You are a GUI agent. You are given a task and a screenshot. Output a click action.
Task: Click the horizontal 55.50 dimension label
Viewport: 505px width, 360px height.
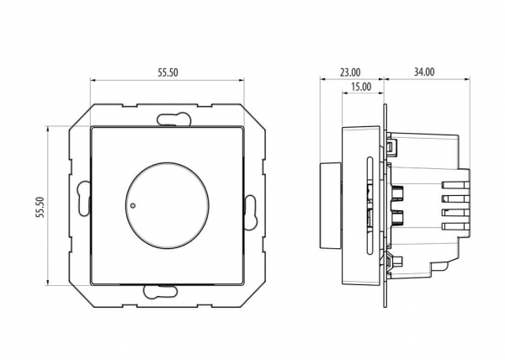(167, 72)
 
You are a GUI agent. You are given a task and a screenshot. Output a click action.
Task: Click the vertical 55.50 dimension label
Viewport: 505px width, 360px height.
(40, 207)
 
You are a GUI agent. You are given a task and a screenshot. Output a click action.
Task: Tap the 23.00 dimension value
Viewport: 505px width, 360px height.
(350, 72)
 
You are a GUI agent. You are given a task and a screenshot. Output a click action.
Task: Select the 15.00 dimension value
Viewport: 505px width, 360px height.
(361, 87)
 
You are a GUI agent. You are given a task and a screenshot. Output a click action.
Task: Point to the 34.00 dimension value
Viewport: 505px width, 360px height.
(424, 72)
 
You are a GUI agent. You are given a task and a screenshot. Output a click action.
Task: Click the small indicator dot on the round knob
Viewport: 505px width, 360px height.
(133, 205)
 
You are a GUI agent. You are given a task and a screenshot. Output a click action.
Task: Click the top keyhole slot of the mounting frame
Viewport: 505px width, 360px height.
(174, 119)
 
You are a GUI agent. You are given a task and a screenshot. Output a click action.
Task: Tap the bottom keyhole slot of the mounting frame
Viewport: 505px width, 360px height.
(161, 291)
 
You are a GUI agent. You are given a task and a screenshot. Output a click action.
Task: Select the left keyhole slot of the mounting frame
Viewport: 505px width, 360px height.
(83, 199)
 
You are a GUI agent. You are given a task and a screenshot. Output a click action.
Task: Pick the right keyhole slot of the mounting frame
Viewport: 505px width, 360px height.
(250, 212)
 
